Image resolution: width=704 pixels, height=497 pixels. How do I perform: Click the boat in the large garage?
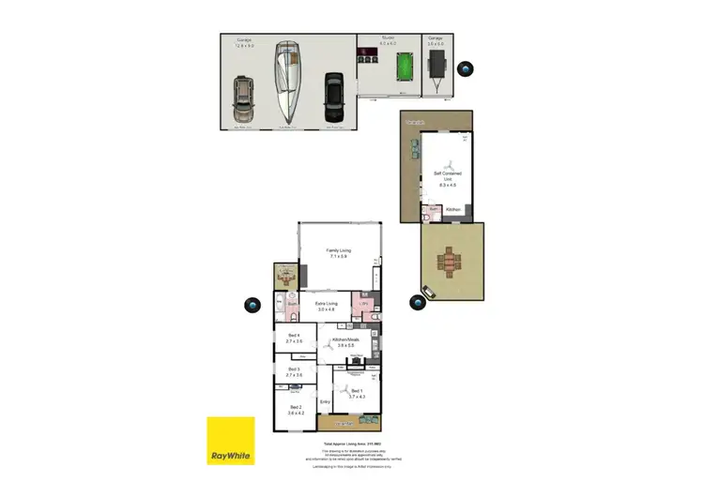tap(287, 83)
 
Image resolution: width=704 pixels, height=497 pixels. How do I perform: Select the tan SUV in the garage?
tap(243, 98)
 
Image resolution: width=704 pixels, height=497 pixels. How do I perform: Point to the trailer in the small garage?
tap(437, 65)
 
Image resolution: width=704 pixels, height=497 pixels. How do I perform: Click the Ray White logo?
tap(231, 441)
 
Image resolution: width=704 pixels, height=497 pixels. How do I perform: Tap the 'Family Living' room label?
tap(338, 254)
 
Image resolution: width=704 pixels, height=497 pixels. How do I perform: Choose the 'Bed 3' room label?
tap(294, 372)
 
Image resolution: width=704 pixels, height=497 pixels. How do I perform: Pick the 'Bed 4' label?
tap(294, 339)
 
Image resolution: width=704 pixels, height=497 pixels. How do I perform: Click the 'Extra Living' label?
tap(326, 306)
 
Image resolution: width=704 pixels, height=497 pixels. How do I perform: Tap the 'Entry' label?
tap(325, 403)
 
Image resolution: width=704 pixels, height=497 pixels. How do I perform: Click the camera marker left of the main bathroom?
tap(251, 305)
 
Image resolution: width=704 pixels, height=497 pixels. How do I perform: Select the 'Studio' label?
tap(389, 40)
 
